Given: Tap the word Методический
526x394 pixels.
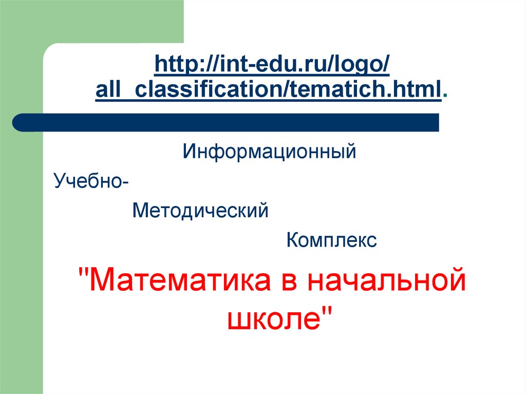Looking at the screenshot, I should coord(200,211).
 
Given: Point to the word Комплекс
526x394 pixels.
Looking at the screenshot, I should coord(332,240).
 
